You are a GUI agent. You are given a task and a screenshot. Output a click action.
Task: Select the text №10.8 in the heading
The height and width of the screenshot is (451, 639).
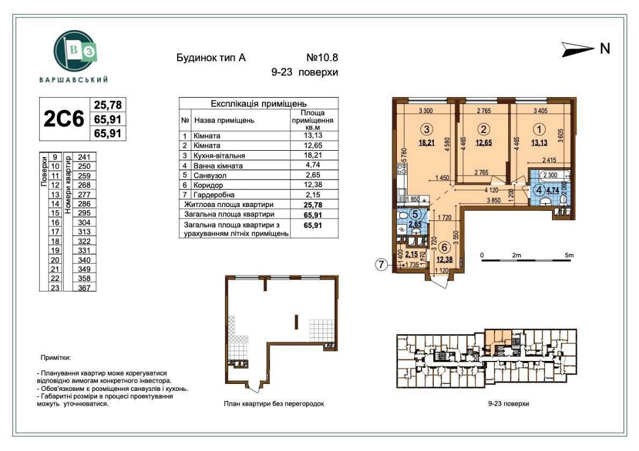tap(318, 57)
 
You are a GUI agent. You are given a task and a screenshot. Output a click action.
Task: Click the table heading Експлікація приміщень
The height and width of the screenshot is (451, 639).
tap(258, 103)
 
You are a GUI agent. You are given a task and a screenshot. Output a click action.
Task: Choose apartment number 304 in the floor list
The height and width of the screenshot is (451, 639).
tap(84, 222)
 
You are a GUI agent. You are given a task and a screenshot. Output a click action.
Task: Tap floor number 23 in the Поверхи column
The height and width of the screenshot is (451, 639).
tap(54, 287)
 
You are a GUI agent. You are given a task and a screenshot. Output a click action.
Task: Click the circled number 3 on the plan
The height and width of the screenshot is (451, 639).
tap(422, 128)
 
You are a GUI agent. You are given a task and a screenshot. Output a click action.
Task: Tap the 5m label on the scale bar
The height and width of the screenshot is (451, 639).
tap(569, 256)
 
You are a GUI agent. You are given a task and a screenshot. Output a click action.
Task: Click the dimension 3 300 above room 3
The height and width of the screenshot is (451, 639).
tap(427, 111)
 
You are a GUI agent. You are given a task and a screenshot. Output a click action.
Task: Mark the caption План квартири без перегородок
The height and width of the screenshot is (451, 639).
tap(275, 404)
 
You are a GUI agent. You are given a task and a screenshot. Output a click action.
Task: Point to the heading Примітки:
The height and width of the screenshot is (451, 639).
tap(56, 359)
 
